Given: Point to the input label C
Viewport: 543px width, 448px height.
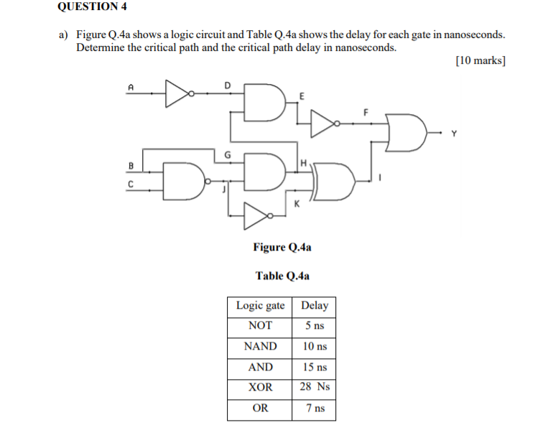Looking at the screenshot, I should point(130,183).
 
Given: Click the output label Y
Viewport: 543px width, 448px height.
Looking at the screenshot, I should point(453,133).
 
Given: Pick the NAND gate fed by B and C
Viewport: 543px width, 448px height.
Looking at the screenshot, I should point(185,179).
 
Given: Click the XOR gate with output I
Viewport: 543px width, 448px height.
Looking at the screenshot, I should point(334,181).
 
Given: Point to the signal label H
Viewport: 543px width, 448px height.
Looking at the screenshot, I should point(304,164).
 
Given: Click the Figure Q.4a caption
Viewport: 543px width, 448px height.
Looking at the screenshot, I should point(282,247).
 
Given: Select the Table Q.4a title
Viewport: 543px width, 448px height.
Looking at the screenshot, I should point(282,275).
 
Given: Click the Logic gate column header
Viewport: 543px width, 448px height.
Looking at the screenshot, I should point(260,306).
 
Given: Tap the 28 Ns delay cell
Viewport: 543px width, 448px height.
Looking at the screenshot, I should point(314,387).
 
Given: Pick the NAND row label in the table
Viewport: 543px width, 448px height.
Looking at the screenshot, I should point(260,347).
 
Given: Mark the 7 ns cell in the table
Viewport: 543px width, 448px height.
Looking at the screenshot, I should point(314,409).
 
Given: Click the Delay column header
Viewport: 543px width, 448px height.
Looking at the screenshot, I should point(314,306).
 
